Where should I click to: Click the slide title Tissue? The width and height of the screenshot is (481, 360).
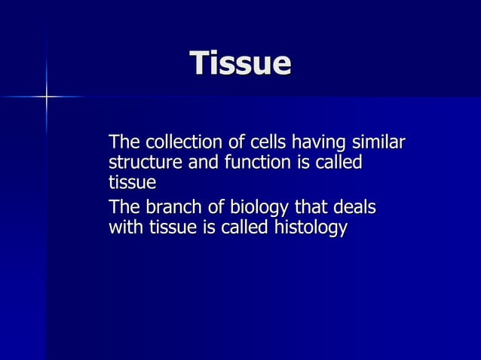(240, 63)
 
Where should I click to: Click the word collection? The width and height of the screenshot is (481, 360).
(181, 142)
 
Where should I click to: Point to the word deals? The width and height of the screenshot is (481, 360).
(358, 207)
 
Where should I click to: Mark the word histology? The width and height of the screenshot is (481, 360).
(308, 228)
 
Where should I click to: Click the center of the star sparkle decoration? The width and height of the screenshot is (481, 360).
(46, 96)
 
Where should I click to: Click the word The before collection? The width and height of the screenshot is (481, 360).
(125, 142)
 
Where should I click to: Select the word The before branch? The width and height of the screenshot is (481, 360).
(125, 207)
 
